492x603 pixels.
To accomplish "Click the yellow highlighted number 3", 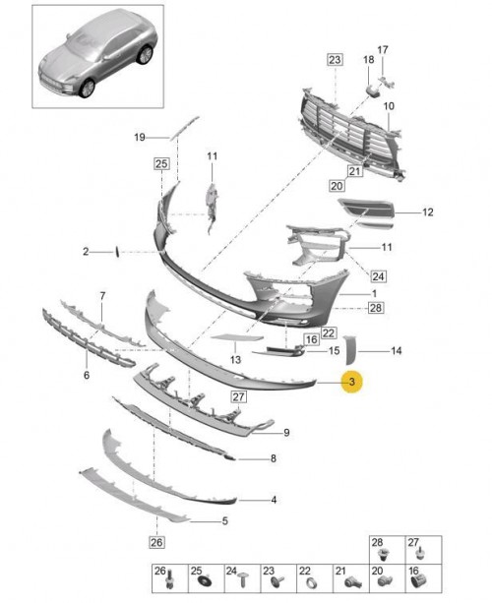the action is coord(351,382).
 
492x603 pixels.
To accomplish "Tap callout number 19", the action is coord(140,137).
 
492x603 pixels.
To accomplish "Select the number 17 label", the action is coord(383,49).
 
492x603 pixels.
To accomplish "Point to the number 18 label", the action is coord(369,60).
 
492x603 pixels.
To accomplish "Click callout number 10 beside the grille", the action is coord(389,106).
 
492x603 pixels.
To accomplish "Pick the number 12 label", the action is coord(428,212).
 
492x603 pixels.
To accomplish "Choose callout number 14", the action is coord(397,351).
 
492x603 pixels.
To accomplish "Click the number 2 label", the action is coord(86,252).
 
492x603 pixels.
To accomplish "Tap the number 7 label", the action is coord(102,296).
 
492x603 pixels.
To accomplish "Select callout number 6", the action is coord(87,375).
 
